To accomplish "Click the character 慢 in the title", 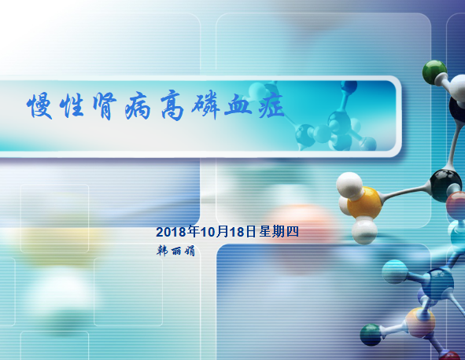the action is tap(39, 106).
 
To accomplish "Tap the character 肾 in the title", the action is tap(104, 107).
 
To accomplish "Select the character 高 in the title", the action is tap(172, 105).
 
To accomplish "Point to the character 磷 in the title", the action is tap(205, 105).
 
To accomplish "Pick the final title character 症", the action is tap(271, 105).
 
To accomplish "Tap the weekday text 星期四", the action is tap(279, 231).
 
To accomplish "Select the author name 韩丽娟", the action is tap(175, 251).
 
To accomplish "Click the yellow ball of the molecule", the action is tap(364, 202).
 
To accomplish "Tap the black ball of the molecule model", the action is tap(445, 185).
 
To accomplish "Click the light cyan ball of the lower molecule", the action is tap(394, 271).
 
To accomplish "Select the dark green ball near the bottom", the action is tap(371, 335).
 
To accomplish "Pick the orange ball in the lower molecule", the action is tap(420, 323).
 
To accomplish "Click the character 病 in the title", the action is tap(138, 106).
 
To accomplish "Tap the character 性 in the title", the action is tap(72, 106).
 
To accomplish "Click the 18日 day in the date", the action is tap(242, 232).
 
